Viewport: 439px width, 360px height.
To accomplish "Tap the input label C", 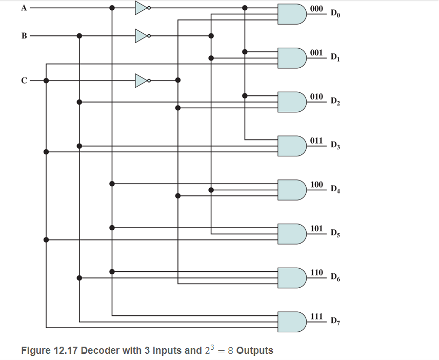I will [24, 80].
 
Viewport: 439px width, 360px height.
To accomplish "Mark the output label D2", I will [335, 102].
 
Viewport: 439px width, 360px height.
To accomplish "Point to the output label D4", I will [335, 189].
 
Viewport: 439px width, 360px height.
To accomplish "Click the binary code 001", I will [317, 53].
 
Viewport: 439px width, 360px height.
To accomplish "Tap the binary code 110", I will [317, 272].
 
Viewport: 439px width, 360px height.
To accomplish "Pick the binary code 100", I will [317, 184].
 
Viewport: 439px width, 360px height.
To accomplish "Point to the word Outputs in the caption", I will [255, 351].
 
